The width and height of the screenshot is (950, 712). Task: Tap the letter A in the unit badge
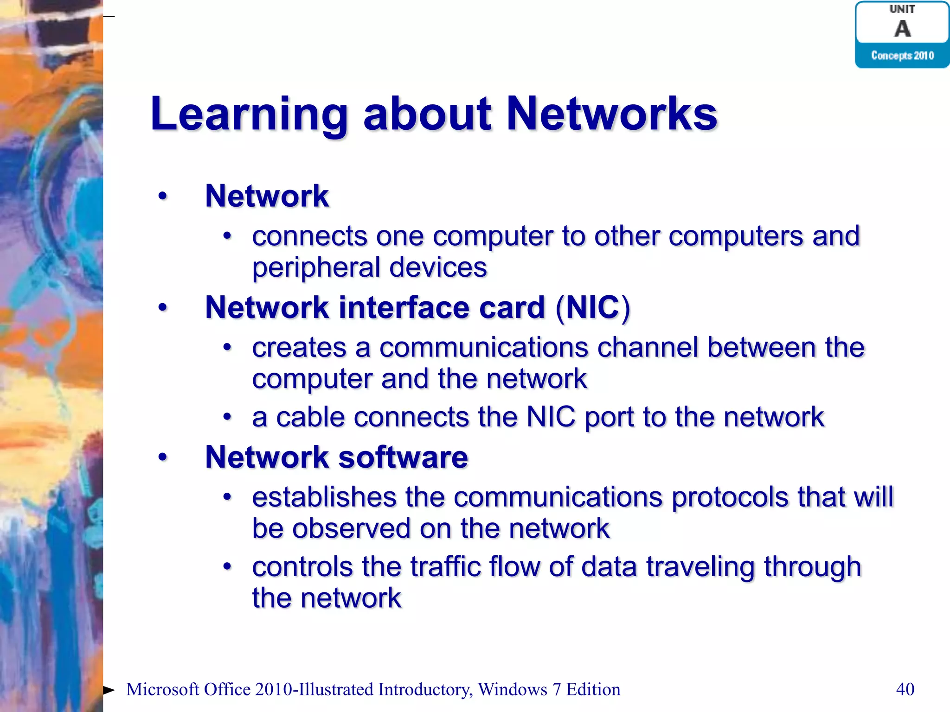tap(902, 29)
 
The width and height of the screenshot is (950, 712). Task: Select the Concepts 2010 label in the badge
tap(902, 56)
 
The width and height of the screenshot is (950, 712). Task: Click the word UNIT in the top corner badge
tap(902, 9)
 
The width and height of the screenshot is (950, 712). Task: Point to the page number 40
tap(905, 689)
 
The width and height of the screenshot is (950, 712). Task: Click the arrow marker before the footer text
tap(109, 690)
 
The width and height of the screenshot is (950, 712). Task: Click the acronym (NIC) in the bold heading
tap(593, 307)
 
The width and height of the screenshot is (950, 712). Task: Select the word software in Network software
tap(403, 457)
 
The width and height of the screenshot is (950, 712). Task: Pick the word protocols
tap(730, 497)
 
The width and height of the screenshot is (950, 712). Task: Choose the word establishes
tap(324, 497)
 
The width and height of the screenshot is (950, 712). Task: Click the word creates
tap(299, 347)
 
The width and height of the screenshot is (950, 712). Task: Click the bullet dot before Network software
tap(162, 457)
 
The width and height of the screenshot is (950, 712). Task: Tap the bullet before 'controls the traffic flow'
tap(227, 566)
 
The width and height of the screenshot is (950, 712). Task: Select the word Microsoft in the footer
tap(162, 690)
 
